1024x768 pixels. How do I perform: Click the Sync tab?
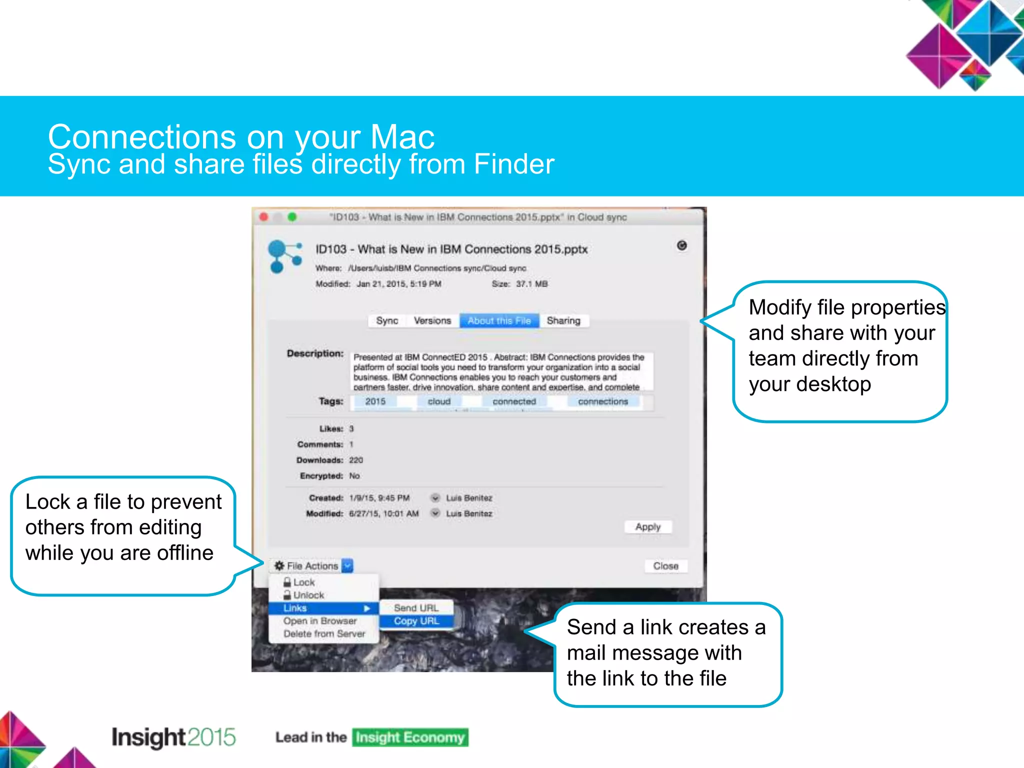coord(387,320)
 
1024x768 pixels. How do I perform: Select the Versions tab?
coord(432,320)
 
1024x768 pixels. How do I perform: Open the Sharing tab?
coord(563,320)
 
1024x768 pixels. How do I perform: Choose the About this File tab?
coord(499,320)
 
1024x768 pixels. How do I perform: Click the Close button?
coord(665,566)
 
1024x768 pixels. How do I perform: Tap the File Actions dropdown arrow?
coord(348,565)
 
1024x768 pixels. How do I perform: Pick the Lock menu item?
coord(303,582)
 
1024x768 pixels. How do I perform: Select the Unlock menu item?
coord(308,595)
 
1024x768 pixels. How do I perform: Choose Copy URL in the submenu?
coord(416,621)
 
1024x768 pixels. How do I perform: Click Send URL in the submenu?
coord(416,608)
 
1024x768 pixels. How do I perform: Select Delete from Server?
coord(324,634)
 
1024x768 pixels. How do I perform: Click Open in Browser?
coord(320,621)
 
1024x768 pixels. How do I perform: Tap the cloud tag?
coord(439,401)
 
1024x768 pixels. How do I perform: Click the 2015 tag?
coord(375,401)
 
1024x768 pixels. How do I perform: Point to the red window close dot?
coord(264,217)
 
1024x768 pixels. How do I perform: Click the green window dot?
coord(292,217)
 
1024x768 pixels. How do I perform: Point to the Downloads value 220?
coord(356,460)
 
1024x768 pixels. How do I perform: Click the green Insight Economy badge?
coord(410,737)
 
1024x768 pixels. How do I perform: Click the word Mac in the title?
coord(402,137)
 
